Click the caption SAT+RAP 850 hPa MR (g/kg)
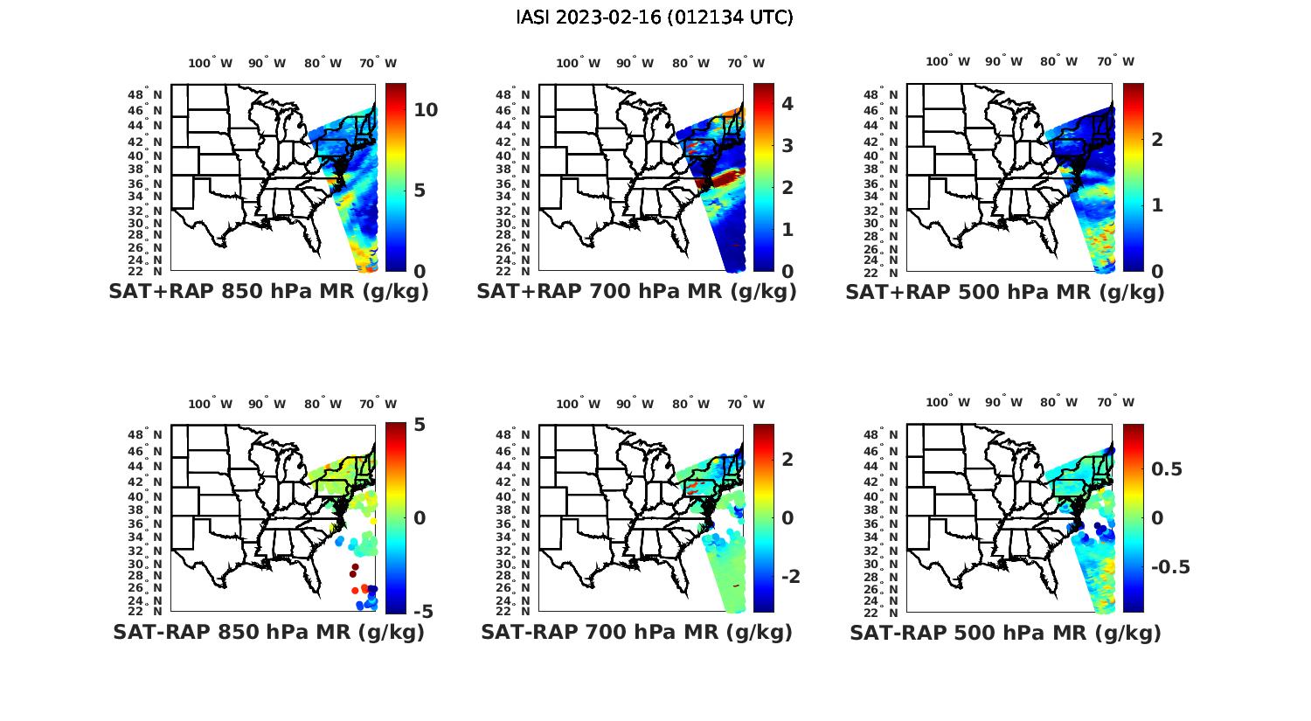pos(268,292)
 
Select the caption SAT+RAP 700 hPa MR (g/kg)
pos(636,292)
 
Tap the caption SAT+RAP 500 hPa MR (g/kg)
pos(1004,292)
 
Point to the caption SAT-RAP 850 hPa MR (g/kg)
pos(268,632)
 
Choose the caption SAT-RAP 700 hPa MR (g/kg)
pos(636,632)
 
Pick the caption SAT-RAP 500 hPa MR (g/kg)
pos(1005,632)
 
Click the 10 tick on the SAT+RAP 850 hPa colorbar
pos(426,110)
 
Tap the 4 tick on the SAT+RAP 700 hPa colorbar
pos(787,104)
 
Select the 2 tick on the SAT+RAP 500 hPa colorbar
pos(1156,140)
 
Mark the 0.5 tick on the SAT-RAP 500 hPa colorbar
pos(1167,469)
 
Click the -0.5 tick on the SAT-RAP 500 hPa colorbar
pos(1170,567)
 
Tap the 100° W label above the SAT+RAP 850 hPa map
pos(211,63)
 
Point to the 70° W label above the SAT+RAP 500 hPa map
pos(1115,61)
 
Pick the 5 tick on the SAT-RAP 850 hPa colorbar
pos(420,425)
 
